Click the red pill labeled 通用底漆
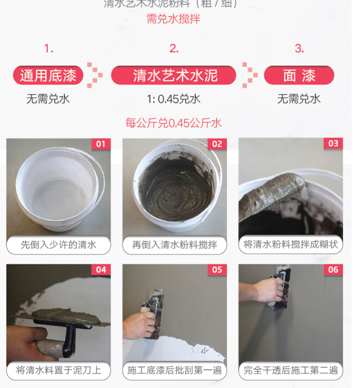(48, 75)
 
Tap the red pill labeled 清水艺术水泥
(173, 75)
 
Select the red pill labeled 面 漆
(299, 75)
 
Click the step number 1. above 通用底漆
(48, 49)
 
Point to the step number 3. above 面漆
(299, 49)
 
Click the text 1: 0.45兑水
(173, 99)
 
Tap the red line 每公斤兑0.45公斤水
(173, 123)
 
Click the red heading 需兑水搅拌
(173, 19)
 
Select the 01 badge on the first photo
(101, 144)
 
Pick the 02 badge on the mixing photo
(217, 144)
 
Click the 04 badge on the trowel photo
(101, 270)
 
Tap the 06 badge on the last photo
(333, 270)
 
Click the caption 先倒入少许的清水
(58, 245)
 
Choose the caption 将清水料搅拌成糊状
(291, 245)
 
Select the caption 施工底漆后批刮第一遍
(174, 371)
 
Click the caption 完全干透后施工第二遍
(291, 371)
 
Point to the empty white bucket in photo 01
(57, 189)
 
